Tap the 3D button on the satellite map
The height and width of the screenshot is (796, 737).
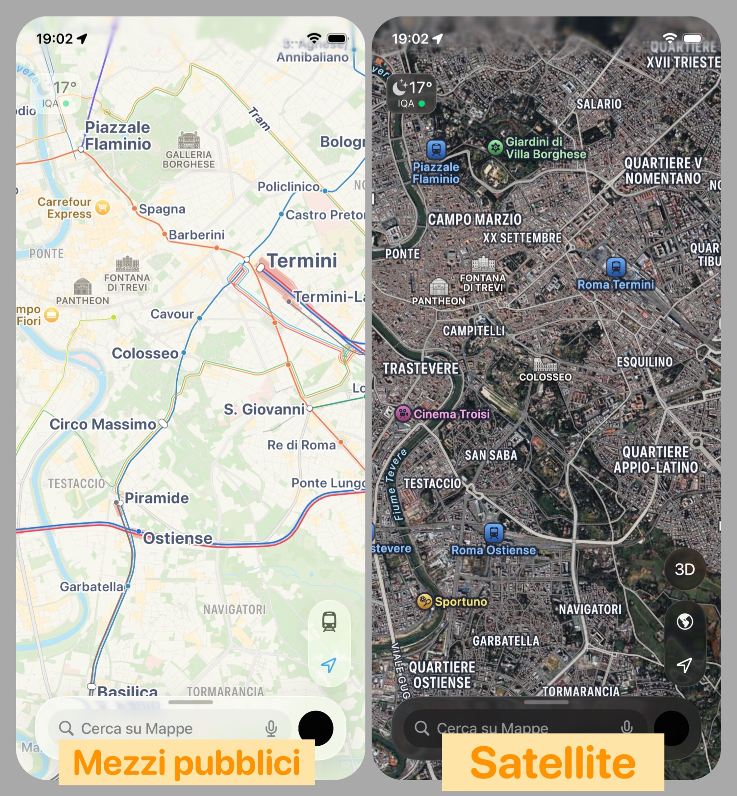click(684, 569)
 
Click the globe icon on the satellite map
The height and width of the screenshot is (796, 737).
click(684, 621)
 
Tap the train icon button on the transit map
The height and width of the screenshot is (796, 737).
click(329, 621)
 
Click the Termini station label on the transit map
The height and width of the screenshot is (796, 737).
click(302, 261)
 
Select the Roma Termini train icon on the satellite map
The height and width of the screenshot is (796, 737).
click(616, 266)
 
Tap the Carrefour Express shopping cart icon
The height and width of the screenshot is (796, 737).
click(103, 207)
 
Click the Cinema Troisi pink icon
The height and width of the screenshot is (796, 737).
click(403, 413)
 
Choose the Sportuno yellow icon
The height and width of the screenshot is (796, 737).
click(424, 601)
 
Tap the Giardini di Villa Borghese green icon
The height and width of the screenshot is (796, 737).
click(495, 148)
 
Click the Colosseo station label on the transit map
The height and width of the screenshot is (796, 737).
click(145, 353)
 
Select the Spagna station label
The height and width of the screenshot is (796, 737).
click(162, 209)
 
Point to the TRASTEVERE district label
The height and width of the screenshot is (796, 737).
click(421, 368)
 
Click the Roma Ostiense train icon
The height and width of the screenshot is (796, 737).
click(494, 532)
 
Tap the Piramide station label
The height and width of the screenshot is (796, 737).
click(157, 498)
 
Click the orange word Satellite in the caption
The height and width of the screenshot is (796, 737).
click(553, 762)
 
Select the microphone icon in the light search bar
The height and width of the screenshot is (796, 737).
click(271, 728)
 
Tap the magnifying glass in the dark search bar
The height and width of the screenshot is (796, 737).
click(421, 728)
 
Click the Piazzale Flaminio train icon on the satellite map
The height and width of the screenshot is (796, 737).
click(436, 150)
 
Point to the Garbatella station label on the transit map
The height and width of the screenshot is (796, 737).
click(91, 586)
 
